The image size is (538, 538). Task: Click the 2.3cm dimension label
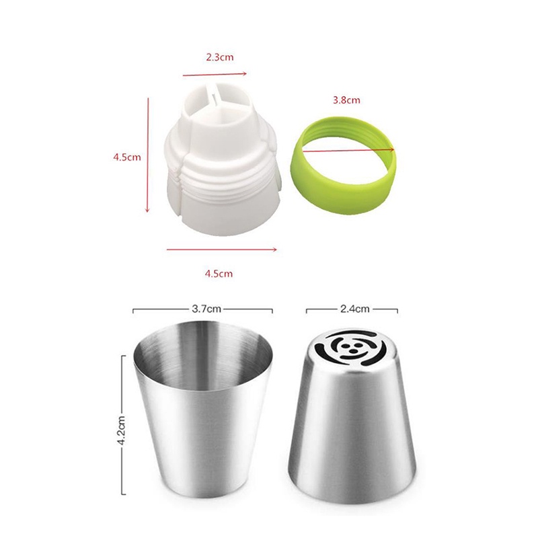pyautogui.click(x=220, y=57)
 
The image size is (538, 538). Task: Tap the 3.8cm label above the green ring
pyautogui.click(x=346, y=100)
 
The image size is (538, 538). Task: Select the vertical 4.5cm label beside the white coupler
pyautogui.click(x=127, y=157)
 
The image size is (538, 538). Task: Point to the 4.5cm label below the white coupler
pyautogui.click(x=219, y=274)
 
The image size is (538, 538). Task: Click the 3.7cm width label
pyautogui.click(x=206, y=309)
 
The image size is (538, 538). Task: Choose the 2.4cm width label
pyautogui.click(x=355, y=309)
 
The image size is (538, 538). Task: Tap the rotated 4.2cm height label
pyautogui.click(x=121, y=430)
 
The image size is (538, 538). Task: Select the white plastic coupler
pyautogui.click(x=223, y=161)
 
